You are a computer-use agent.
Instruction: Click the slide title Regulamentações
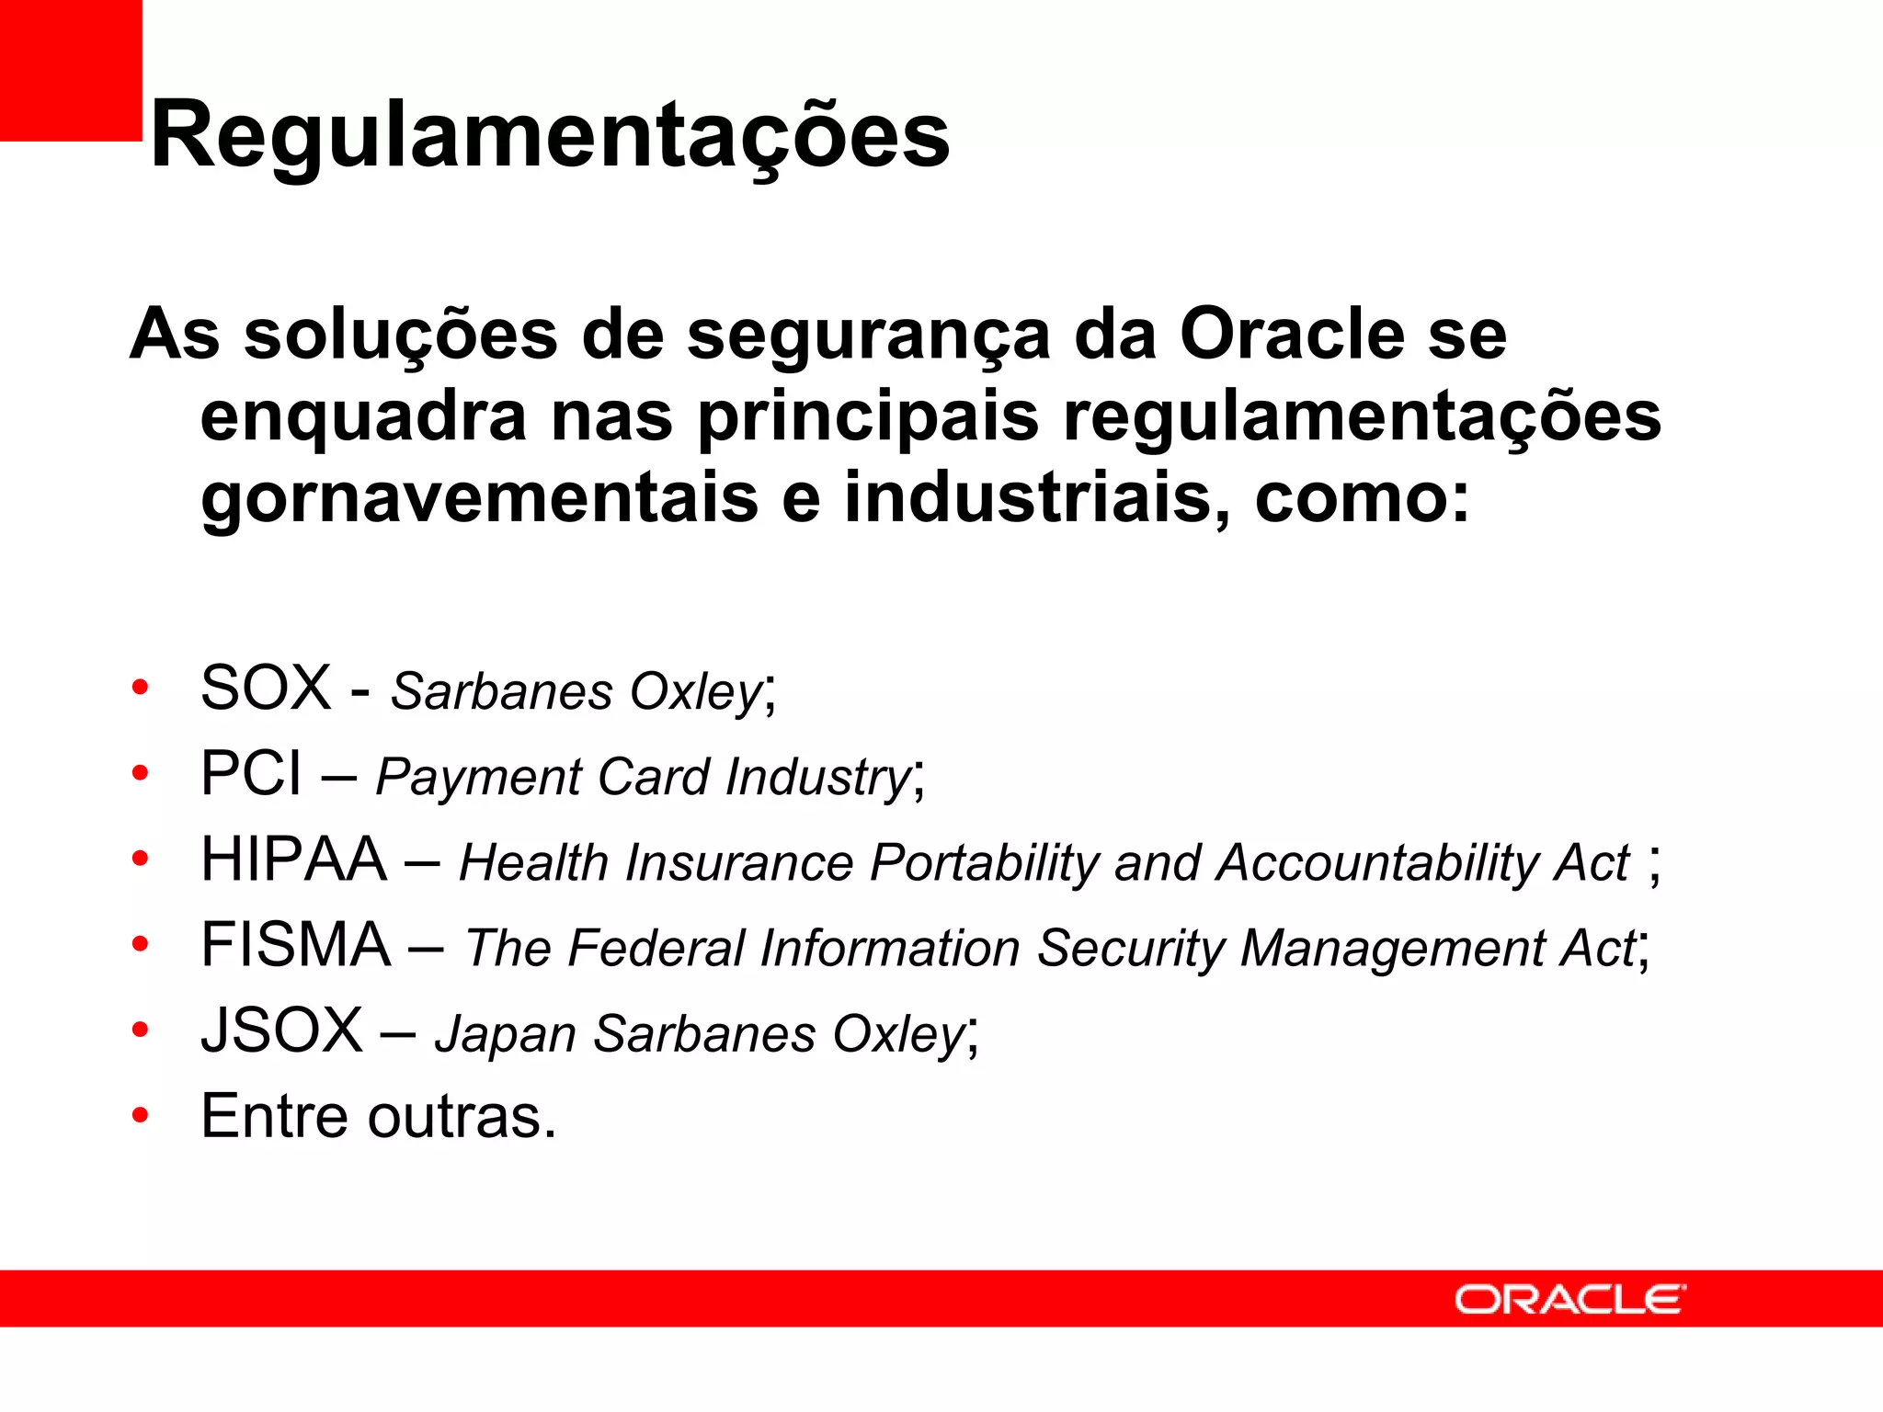pos(550,135)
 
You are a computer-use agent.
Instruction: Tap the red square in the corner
pos(71,70)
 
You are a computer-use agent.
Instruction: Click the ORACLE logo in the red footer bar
pos(1569,1300)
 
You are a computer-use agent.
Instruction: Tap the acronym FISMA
pos(296,945)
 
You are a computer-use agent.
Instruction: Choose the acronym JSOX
pos(282,1031)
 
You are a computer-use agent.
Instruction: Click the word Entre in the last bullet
pos(274,1116)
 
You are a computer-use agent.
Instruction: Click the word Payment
pos(478,778)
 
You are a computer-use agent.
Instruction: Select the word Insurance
pos(739,863)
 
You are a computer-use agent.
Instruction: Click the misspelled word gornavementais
pos(478,498)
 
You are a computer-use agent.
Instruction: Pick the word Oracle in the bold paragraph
pos(1292,333)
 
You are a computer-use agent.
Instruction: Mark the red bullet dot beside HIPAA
pos(140,859)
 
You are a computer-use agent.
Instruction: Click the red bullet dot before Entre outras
pos(140,1116)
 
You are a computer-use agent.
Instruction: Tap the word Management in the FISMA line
pos(1392,948)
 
